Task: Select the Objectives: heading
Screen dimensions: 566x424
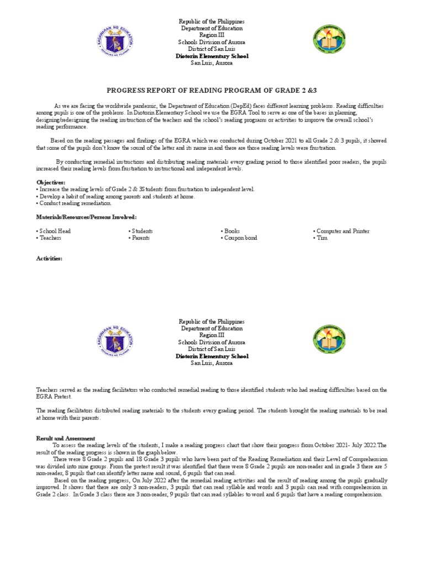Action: pyautogui.click(x=51, y=182)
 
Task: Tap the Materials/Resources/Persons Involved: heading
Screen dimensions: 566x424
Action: pyautogui.click(x=86, y=217)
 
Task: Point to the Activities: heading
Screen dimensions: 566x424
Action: pyautogui.click(x=50, y=258)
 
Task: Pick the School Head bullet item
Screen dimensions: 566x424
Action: pyautogui.click(x=54, y=231)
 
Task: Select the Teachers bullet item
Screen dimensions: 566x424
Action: pyautogui.click(x=50, y=238)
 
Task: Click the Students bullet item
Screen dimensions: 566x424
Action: pyautogui.click(x=141, y=231)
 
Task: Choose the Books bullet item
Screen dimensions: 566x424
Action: pyautogui.click(x=231, y=231)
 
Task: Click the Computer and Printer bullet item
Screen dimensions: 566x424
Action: pyautogui.click(x=341, y=231)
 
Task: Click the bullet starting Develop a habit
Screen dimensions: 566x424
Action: pyautogui.click(x=116, y=196)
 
